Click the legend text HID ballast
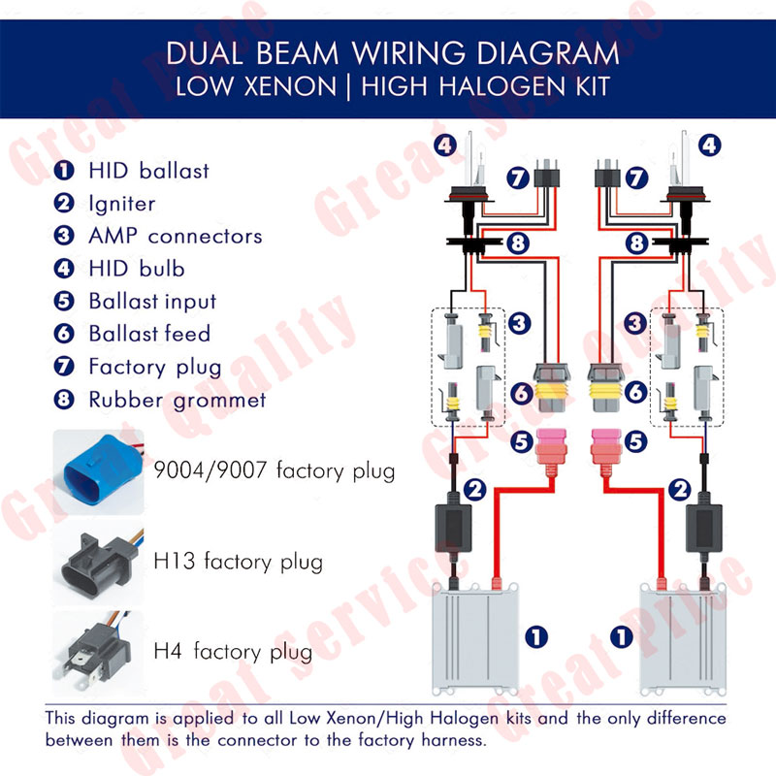click(148, 172)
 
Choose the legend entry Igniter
click(121, 204)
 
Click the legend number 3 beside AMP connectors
click(65, 236)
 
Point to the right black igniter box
click(706, 524)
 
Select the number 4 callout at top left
click(444, 146)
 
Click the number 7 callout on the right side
click(635, 178)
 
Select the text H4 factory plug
click(234, 650)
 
